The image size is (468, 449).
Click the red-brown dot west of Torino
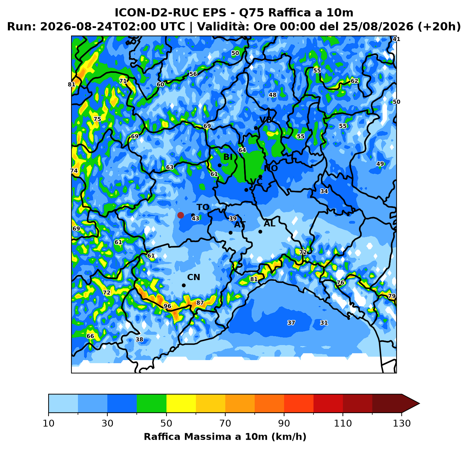180,215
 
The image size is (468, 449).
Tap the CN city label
193,277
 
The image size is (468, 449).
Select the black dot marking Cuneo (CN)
184,286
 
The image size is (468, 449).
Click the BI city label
228,157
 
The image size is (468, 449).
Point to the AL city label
269,224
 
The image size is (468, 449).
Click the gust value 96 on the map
168,306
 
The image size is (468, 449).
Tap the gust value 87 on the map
200,303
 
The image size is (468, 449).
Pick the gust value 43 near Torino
195,218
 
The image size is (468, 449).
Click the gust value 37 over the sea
291,323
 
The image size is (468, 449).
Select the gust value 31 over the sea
324,323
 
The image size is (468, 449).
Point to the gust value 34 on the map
324,191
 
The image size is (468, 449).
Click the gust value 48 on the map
272,95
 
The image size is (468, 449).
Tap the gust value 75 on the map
97,119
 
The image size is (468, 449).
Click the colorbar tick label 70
225,423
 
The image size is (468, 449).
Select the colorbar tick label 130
402,423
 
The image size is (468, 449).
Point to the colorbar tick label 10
49,423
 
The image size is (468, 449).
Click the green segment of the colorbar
151,403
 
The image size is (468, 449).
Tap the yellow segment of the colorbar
181,403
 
